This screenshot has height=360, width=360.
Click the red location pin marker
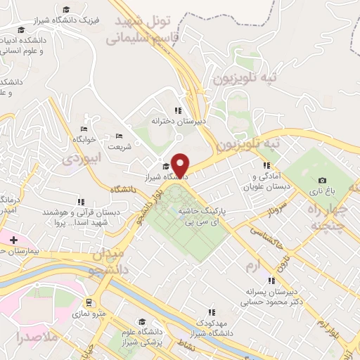181,165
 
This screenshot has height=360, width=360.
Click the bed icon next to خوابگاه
84,129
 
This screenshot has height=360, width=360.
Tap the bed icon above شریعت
118,136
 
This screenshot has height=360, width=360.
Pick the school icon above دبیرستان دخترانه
180,110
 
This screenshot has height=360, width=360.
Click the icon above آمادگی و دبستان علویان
266,165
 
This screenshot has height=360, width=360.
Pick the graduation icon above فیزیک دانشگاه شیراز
65,10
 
